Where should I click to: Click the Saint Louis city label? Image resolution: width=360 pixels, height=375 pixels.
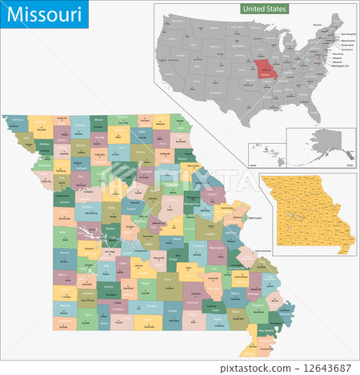(254, 217)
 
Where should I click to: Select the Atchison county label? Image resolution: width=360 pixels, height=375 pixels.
(18, 121)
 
